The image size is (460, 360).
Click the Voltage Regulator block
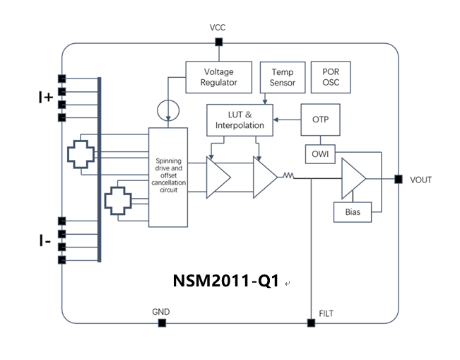[218, 77]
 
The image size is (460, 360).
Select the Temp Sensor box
[282, 77]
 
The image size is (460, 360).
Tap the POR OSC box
[331, 77]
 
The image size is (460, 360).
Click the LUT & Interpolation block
[240, 120]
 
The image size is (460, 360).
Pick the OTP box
[320, 120]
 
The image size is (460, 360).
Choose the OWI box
[320, 153]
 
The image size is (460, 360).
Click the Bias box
[352, 211]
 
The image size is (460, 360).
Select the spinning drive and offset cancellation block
[168, 177]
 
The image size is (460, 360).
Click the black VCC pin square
[218, 42]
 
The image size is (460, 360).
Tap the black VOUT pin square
[398, 179]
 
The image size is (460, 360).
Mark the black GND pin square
[162, 323]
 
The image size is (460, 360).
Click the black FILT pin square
[311, 323]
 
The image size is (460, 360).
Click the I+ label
[45, 98]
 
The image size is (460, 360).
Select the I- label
[45, 241]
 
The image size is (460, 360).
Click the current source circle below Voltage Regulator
[167, 110]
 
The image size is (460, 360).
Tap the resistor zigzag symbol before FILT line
[288, 176]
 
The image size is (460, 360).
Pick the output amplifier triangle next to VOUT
[353, 178]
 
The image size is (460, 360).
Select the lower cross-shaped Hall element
[117, 202]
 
